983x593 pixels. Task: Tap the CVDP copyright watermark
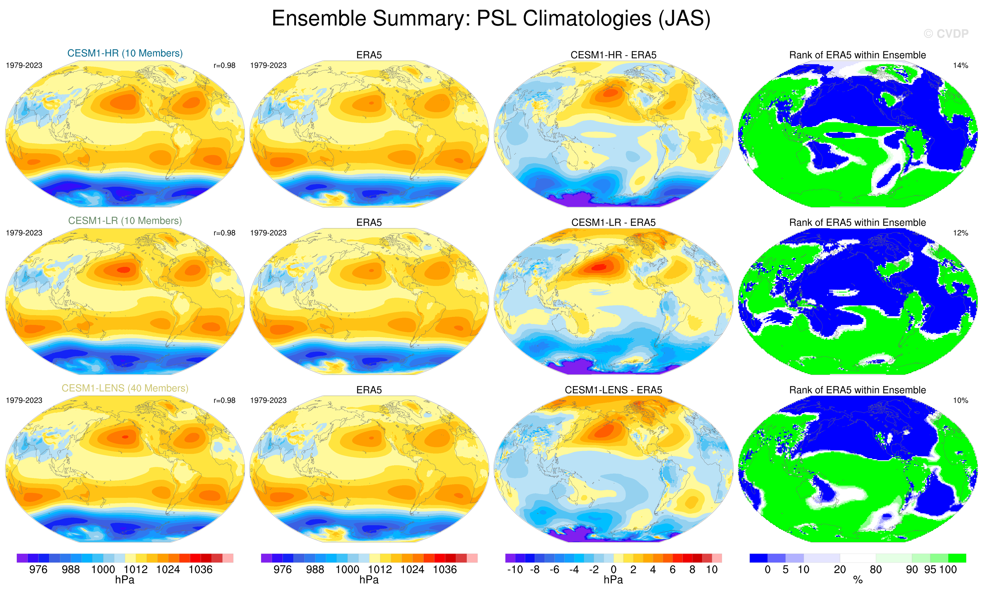(945, 34)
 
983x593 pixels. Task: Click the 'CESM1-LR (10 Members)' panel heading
(125, 221)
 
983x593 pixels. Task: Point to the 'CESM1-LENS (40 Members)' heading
(125, 388)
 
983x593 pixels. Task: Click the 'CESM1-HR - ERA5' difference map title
(613, 55)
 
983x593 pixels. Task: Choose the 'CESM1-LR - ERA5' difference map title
(613, 223)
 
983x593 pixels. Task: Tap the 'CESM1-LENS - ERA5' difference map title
(613, 390)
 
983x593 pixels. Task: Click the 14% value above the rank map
(960, 65)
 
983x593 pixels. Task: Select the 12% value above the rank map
(960, 233)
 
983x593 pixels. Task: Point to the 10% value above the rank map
(960, 400)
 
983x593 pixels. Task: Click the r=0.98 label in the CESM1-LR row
(224, 233)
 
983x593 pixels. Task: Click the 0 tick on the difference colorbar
(614, 570)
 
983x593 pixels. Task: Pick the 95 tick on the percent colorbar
(930, 570)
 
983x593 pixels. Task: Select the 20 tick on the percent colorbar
(839, 570)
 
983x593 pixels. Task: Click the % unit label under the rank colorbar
(858, 580)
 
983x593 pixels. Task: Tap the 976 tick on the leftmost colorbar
(38, 570)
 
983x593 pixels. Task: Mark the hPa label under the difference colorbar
(613, 580)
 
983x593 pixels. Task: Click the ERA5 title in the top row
(369, 55)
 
